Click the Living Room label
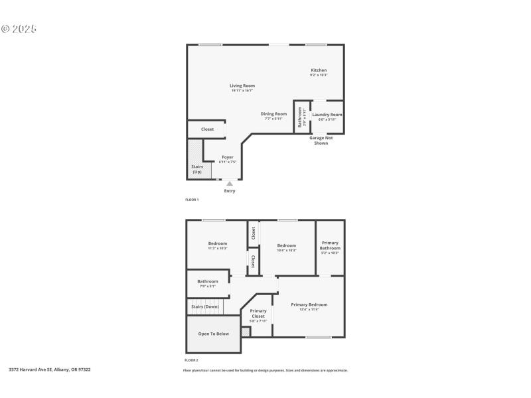tap(242, 86)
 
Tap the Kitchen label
tap(319, 70)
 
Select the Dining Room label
tap(273, 114)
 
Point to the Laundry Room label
tap(327, 115)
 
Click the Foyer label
tap(228, 157)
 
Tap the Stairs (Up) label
tap(197, 169)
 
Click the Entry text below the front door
tap(229, 191)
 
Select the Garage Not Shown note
tap(321, 140)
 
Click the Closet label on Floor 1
tap(207, 129)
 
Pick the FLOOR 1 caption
tap(191, 199)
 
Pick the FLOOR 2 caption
tap(191, 360)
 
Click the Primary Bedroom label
tap(309, 304)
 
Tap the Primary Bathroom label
tap(330, 246)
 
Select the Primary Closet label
tap(258, 313)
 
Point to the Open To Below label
tap(214, 334)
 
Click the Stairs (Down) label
tap(205, 306)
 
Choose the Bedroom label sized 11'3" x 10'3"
tap(218, 243)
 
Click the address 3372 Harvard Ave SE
tap(50, 369)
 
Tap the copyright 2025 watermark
tap(19, 29)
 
